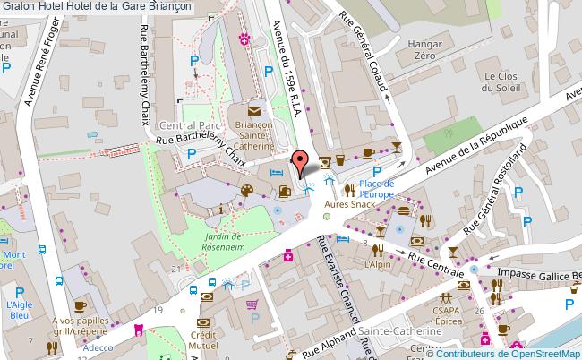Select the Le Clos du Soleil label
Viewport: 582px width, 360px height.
(501, 81)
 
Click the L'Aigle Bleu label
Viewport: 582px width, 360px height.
(19, 309)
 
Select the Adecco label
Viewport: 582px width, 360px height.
(99, 347)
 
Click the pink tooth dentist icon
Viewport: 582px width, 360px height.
(139, 329)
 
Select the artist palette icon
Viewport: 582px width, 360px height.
(247, 189)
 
